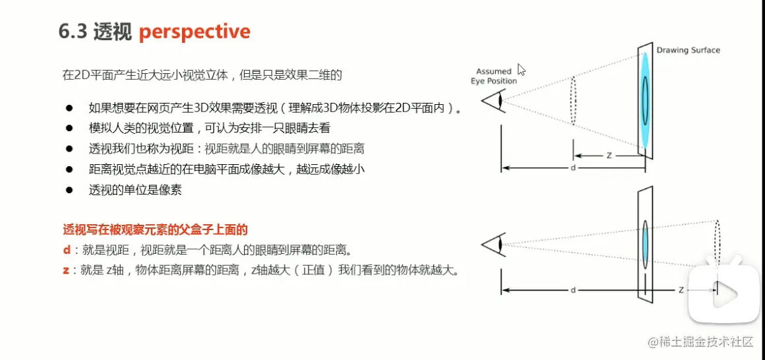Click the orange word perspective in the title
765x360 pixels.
195,32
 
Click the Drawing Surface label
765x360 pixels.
688,50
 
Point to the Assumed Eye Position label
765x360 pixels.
493,76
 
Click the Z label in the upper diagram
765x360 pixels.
609,156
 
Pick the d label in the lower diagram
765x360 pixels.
572,290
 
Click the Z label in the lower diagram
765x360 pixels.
681,290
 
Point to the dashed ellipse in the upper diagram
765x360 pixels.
573,100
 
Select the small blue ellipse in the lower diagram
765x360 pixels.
644,243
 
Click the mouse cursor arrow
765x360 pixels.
521,71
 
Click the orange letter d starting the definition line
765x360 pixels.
67,251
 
